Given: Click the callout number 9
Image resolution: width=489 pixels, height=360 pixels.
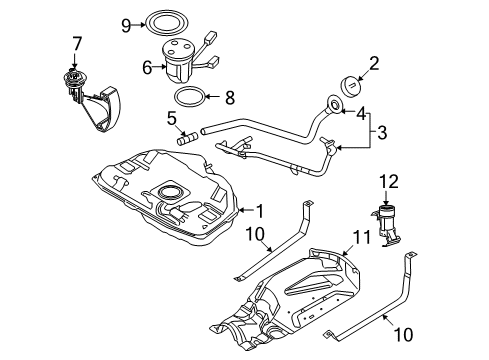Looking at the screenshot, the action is click(126, 25).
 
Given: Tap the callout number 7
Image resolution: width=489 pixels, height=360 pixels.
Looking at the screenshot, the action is click(77, 44).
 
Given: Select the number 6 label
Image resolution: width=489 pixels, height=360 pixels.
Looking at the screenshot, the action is click(147, 67).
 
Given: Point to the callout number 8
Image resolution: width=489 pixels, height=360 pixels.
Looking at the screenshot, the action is click(230, 98).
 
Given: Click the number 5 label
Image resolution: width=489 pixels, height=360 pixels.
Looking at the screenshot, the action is click(172, 118).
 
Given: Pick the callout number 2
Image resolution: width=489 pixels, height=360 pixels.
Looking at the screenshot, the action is click(374, 63).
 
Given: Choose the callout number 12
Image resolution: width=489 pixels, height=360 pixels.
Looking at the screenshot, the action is click(389, 182).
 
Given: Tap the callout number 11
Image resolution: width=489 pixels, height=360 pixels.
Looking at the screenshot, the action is click(362, 237).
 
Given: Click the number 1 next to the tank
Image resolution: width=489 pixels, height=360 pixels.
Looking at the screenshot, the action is click(260, 211).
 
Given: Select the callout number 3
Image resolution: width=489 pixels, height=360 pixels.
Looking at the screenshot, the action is click(382, 132).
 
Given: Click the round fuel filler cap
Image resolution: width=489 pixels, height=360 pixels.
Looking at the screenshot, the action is click(350, 86).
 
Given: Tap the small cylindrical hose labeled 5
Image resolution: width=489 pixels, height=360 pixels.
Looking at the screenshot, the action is click(187, 139).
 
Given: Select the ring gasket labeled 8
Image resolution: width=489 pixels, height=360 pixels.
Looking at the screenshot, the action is click(189, 97).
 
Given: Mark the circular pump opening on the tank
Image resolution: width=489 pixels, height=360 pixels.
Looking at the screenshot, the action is click(170, 192).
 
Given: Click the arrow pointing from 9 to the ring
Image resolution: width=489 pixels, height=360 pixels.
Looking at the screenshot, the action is click(137, 25).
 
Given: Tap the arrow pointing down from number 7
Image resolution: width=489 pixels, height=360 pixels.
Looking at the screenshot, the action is click(74, 61).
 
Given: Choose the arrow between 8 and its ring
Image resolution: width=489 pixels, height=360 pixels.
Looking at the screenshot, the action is click(213, 97).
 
